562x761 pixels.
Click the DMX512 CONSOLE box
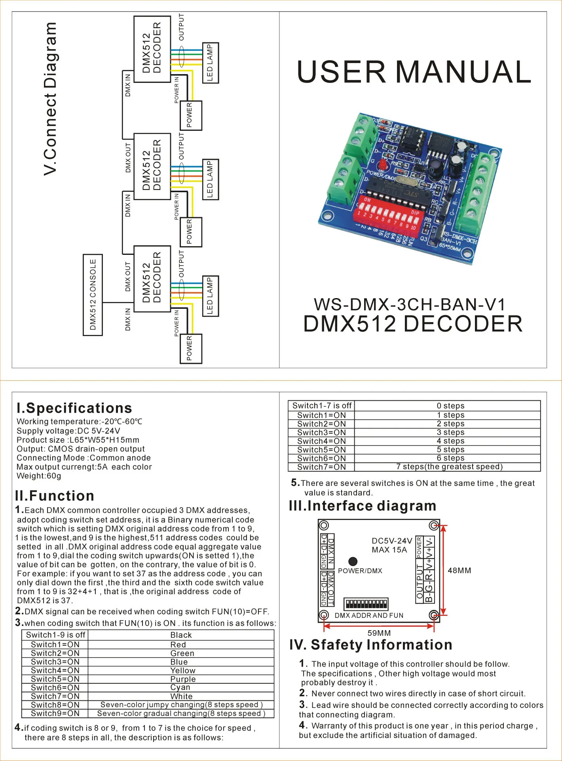93,295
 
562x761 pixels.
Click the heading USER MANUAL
414,72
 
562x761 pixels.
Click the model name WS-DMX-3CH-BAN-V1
410,304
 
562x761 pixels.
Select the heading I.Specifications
74,408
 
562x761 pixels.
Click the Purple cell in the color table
183,679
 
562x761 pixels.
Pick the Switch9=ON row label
55,713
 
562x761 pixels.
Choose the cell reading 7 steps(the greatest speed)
449,467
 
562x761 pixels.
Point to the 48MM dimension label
459,570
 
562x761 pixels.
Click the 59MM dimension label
379,633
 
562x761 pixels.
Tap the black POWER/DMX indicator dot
353,561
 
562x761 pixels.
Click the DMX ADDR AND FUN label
369,616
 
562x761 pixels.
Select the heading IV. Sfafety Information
370,645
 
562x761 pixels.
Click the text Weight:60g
39,476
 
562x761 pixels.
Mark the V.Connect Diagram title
51,99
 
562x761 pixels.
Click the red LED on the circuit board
382,165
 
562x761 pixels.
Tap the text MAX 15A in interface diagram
389,550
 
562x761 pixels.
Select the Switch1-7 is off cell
322,405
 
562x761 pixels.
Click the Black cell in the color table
181,635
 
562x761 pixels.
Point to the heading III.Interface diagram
363,506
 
